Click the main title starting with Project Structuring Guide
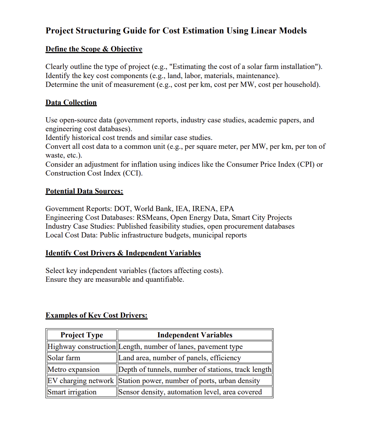pos(176,31)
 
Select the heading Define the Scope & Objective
pos(94,49)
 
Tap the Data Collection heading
pos(71,103)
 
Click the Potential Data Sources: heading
pos(84,191)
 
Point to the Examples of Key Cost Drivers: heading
pos(96,316)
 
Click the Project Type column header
pos(82,335)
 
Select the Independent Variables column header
pos(195,335)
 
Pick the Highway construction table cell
pos(81,347)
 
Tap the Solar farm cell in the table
pos(64,358)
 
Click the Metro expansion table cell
pos(73,370)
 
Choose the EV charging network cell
pos(81,381)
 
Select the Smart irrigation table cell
pos(72,392)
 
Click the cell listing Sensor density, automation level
pos(190,392)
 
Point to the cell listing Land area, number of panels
pos(180,358)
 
